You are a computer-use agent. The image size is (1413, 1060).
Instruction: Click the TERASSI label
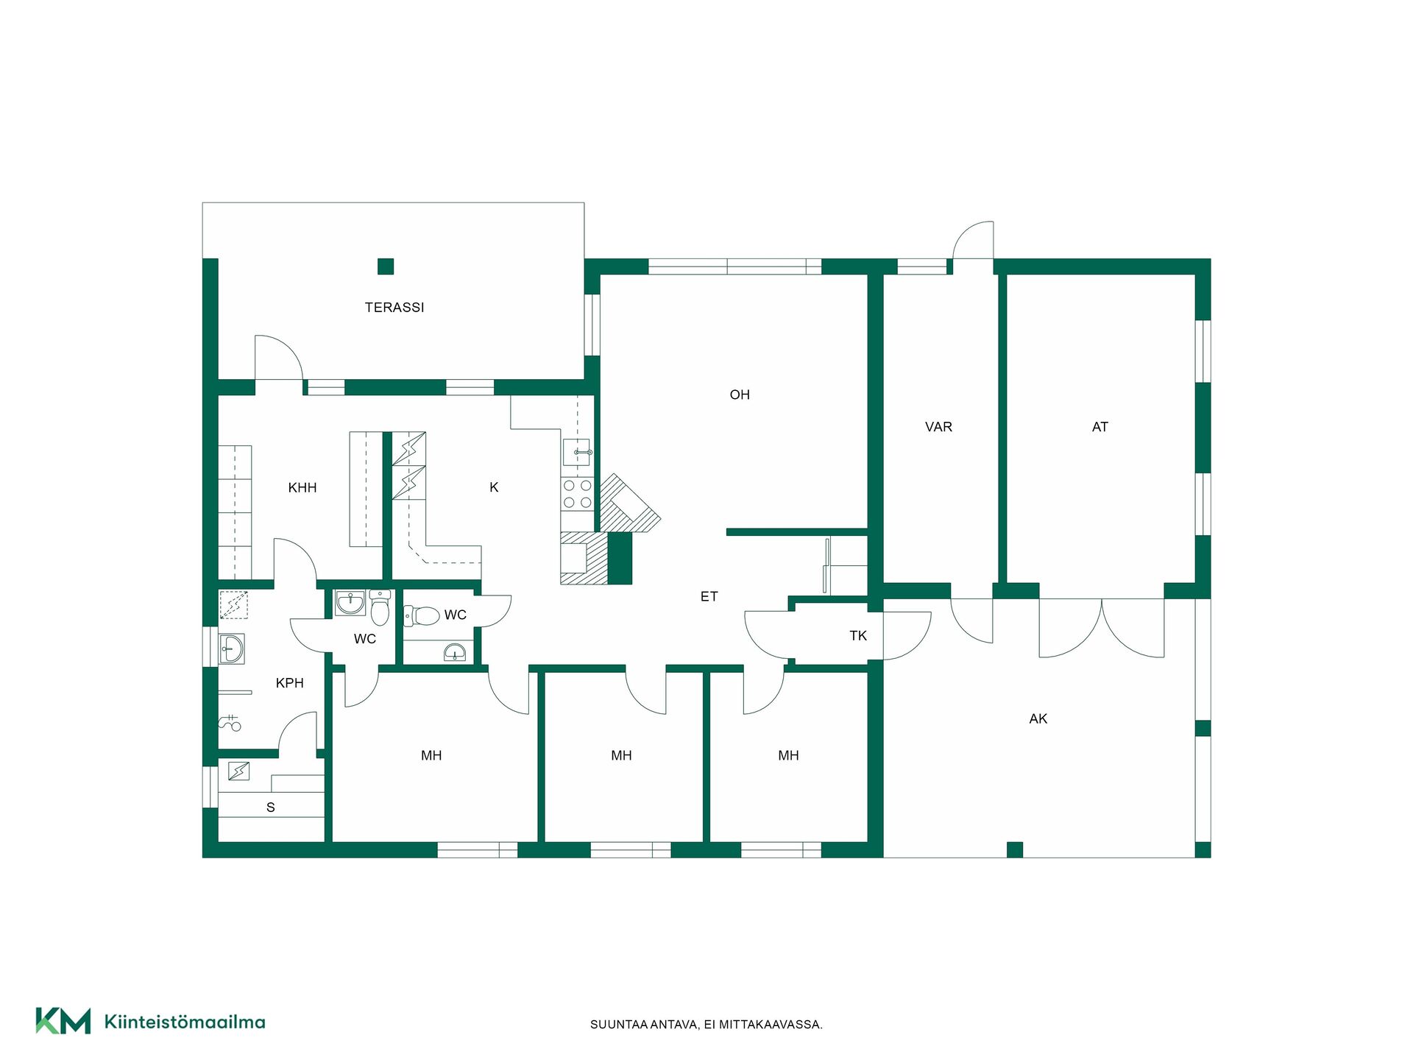(x=394, y=308)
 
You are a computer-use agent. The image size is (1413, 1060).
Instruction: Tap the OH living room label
(x=740, y=395)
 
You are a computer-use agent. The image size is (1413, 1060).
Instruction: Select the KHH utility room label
(x=302, y=487)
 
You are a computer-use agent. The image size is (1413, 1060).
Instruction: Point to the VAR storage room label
(x=938, y=427)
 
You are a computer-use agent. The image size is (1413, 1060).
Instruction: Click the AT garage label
(x=1100, y=427)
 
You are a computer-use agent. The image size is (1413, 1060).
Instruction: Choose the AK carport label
(x=1038, y=718)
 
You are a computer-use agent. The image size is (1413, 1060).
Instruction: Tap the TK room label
(x=858, y=635)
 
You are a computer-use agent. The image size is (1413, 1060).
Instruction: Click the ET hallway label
(x=709, y=596)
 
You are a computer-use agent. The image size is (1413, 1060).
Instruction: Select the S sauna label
(x=271, y=808)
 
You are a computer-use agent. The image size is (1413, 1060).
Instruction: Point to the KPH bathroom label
(x=290, y=683)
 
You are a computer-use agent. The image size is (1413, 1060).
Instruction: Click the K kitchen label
(x=494, y=487)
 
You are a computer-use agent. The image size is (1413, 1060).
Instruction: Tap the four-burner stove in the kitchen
(x=578, y=494)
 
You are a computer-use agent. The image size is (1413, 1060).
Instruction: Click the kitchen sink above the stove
(x=578, y=452)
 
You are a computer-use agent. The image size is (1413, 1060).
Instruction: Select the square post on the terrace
(x=386, y=266)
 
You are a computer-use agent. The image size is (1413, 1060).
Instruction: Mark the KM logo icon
(x=63, y=1021)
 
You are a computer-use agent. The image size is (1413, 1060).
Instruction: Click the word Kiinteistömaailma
(x=185, y=1022)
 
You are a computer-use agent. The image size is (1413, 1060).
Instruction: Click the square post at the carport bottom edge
(x=1015, y=849)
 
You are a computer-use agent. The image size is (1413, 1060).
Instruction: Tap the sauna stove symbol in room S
(x=238, y=771)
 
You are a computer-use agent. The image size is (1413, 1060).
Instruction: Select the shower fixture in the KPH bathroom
(x=230, y=723)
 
